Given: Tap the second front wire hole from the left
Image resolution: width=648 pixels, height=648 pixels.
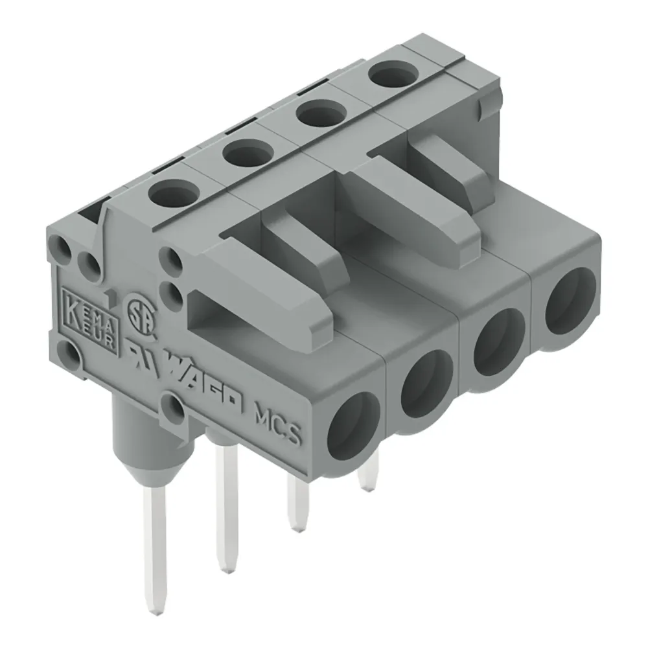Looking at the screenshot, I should [x=427, y=382].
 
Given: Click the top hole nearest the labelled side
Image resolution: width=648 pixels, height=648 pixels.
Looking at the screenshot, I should [x=173, y=192].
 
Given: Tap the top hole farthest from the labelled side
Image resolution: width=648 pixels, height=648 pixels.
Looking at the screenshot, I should [x=393, y=75].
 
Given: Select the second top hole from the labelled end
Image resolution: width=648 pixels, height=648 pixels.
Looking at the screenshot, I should [x=246, y=153].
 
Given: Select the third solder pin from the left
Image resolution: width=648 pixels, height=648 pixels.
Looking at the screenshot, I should [x=298, y=502].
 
